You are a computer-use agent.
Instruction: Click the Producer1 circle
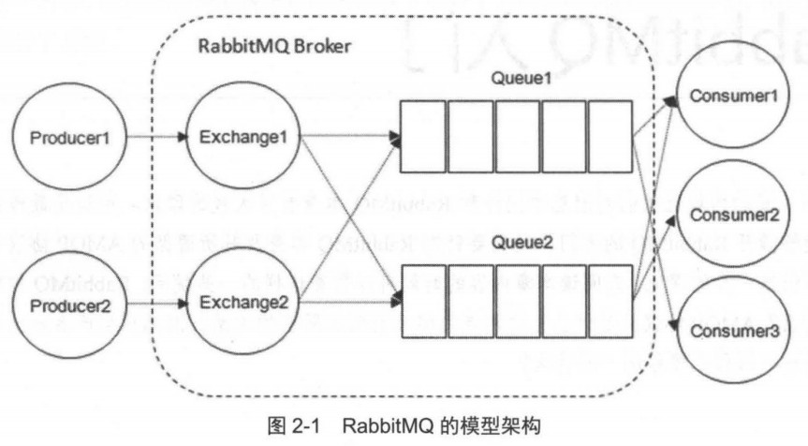(69, 140)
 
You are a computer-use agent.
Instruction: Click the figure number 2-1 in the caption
(304, 424)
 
